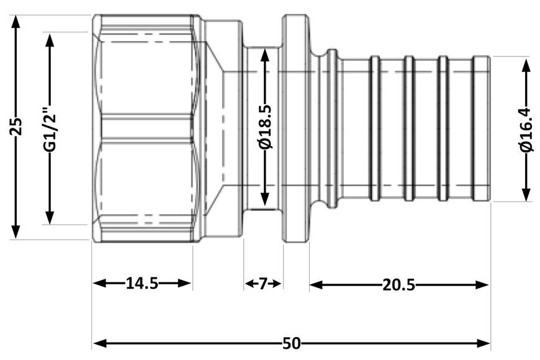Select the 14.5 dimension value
(x=142, y=283)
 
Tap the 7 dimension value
(x=263, y=284)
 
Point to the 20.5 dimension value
(x=398, y=285)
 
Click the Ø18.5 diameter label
(x=266, y=127)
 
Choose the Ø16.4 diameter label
(x=526, y=129)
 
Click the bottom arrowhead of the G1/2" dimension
(x=50, y=218)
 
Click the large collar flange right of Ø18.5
(x=295, y=128)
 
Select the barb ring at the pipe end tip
(x=482, y=128)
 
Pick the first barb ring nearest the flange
(x=374, y=128)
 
